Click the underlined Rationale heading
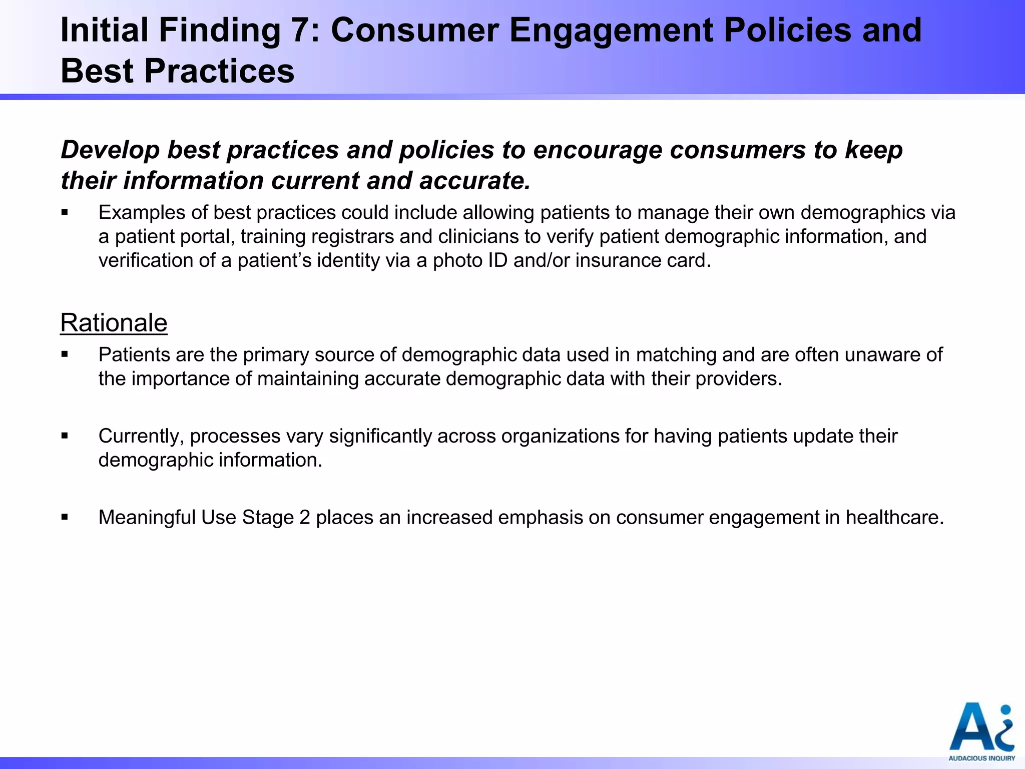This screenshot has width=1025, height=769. [x=114, y=323]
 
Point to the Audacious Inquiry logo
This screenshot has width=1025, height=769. [x=981, y=731]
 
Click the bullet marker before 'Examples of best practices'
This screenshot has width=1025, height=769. [x=65, y=213]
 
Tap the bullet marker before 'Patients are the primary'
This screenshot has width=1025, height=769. [x=65, y=355]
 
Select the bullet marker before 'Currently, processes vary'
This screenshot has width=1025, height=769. [x=65, y=436]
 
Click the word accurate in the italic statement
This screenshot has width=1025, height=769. [x=474, y=181]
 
